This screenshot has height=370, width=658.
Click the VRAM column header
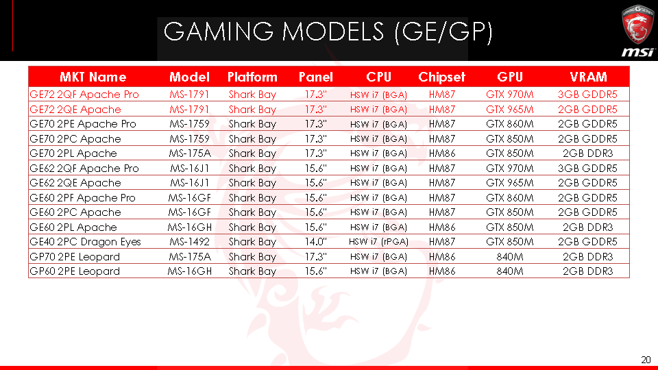[x=588, y=77]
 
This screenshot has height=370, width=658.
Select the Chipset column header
[x=441, y=77]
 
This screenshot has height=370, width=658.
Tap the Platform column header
[x=252, y=77]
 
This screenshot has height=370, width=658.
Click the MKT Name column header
[x=93, y=77]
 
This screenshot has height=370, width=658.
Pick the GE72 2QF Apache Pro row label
[x=84, y=95]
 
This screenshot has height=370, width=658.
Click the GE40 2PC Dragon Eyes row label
[x=85, y=242]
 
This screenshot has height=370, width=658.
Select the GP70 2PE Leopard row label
[x=75, y=257]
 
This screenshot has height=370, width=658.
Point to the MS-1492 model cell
[x=189, y=242]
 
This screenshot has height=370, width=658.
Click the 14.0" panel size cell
[x=315, y=242]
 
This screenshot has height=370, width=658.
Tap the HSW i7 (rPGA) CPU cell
[x=378, y=242]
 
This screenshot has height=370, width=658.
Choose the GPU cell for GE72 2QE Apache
[x=510, y=110]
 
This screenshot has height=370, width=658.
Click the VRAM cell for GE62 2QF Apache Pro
[x=587, y=169]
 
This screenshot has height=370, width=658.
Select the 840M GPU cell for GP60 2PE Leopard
[x=510, y=271]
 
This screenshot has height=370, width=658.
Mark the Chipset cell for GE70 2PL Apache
[x=442, y=153]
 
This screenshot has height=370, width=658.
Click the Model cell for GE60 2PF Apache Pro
[x=189, y=198]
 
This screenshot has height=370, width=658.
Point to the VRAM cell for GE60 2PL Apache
[x=587, y=227]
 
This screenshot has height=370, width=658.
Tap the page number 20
[x=646, y=360]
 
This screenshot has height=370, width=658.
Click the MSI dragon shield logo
[x=638, y=25]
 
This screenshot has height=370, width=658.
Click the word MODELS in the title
[x=333, y=32]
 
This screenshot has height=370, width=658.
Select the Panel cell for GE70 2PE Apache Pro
[x=315, y=124]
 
